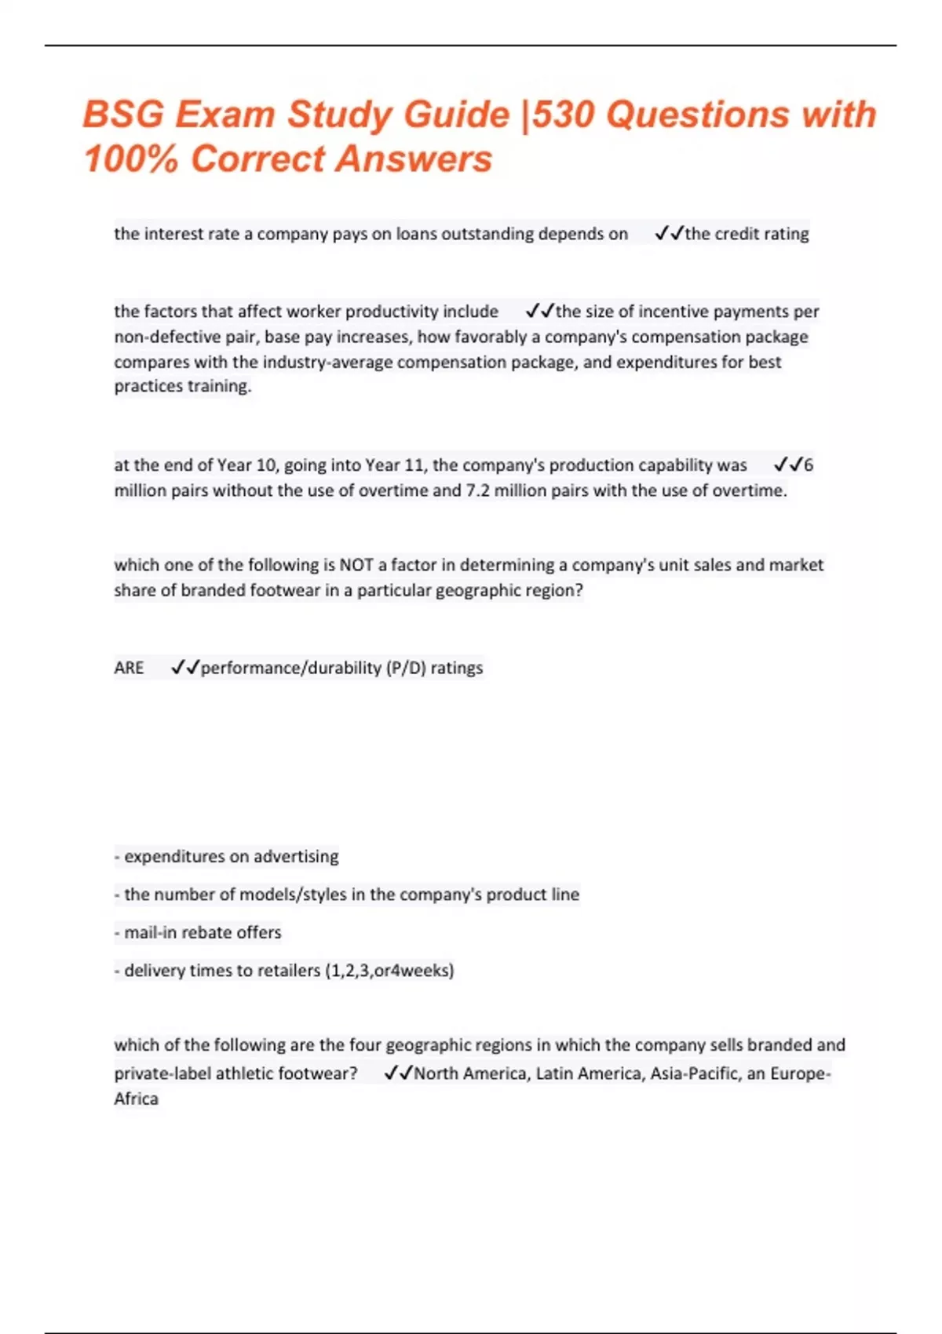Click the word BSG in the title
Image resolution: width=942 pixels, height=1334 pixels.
pyautogui.click(x=123, y=115)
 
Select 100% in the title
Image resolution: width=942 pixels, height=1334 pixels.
pyautogui.click(x=131, y=159)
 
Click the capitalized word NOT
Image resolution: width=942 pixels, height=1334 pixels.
pyautogui.click(x=356, y=565)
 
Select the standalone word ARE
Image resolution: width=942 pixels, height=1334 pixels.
pyautogui.click(x=129, y=668)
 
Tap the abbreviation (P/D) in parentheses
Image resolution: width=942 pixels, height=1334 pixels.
pyautogui.click(x=406, y=668)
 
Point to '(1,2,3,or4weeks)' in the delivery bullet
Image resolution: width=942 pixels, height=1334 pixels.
pyautogui.click(x=389, y=971)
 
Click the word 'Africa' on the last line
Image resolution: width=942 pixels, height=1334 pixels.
pyautogui.click(x=136, y=1099)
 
